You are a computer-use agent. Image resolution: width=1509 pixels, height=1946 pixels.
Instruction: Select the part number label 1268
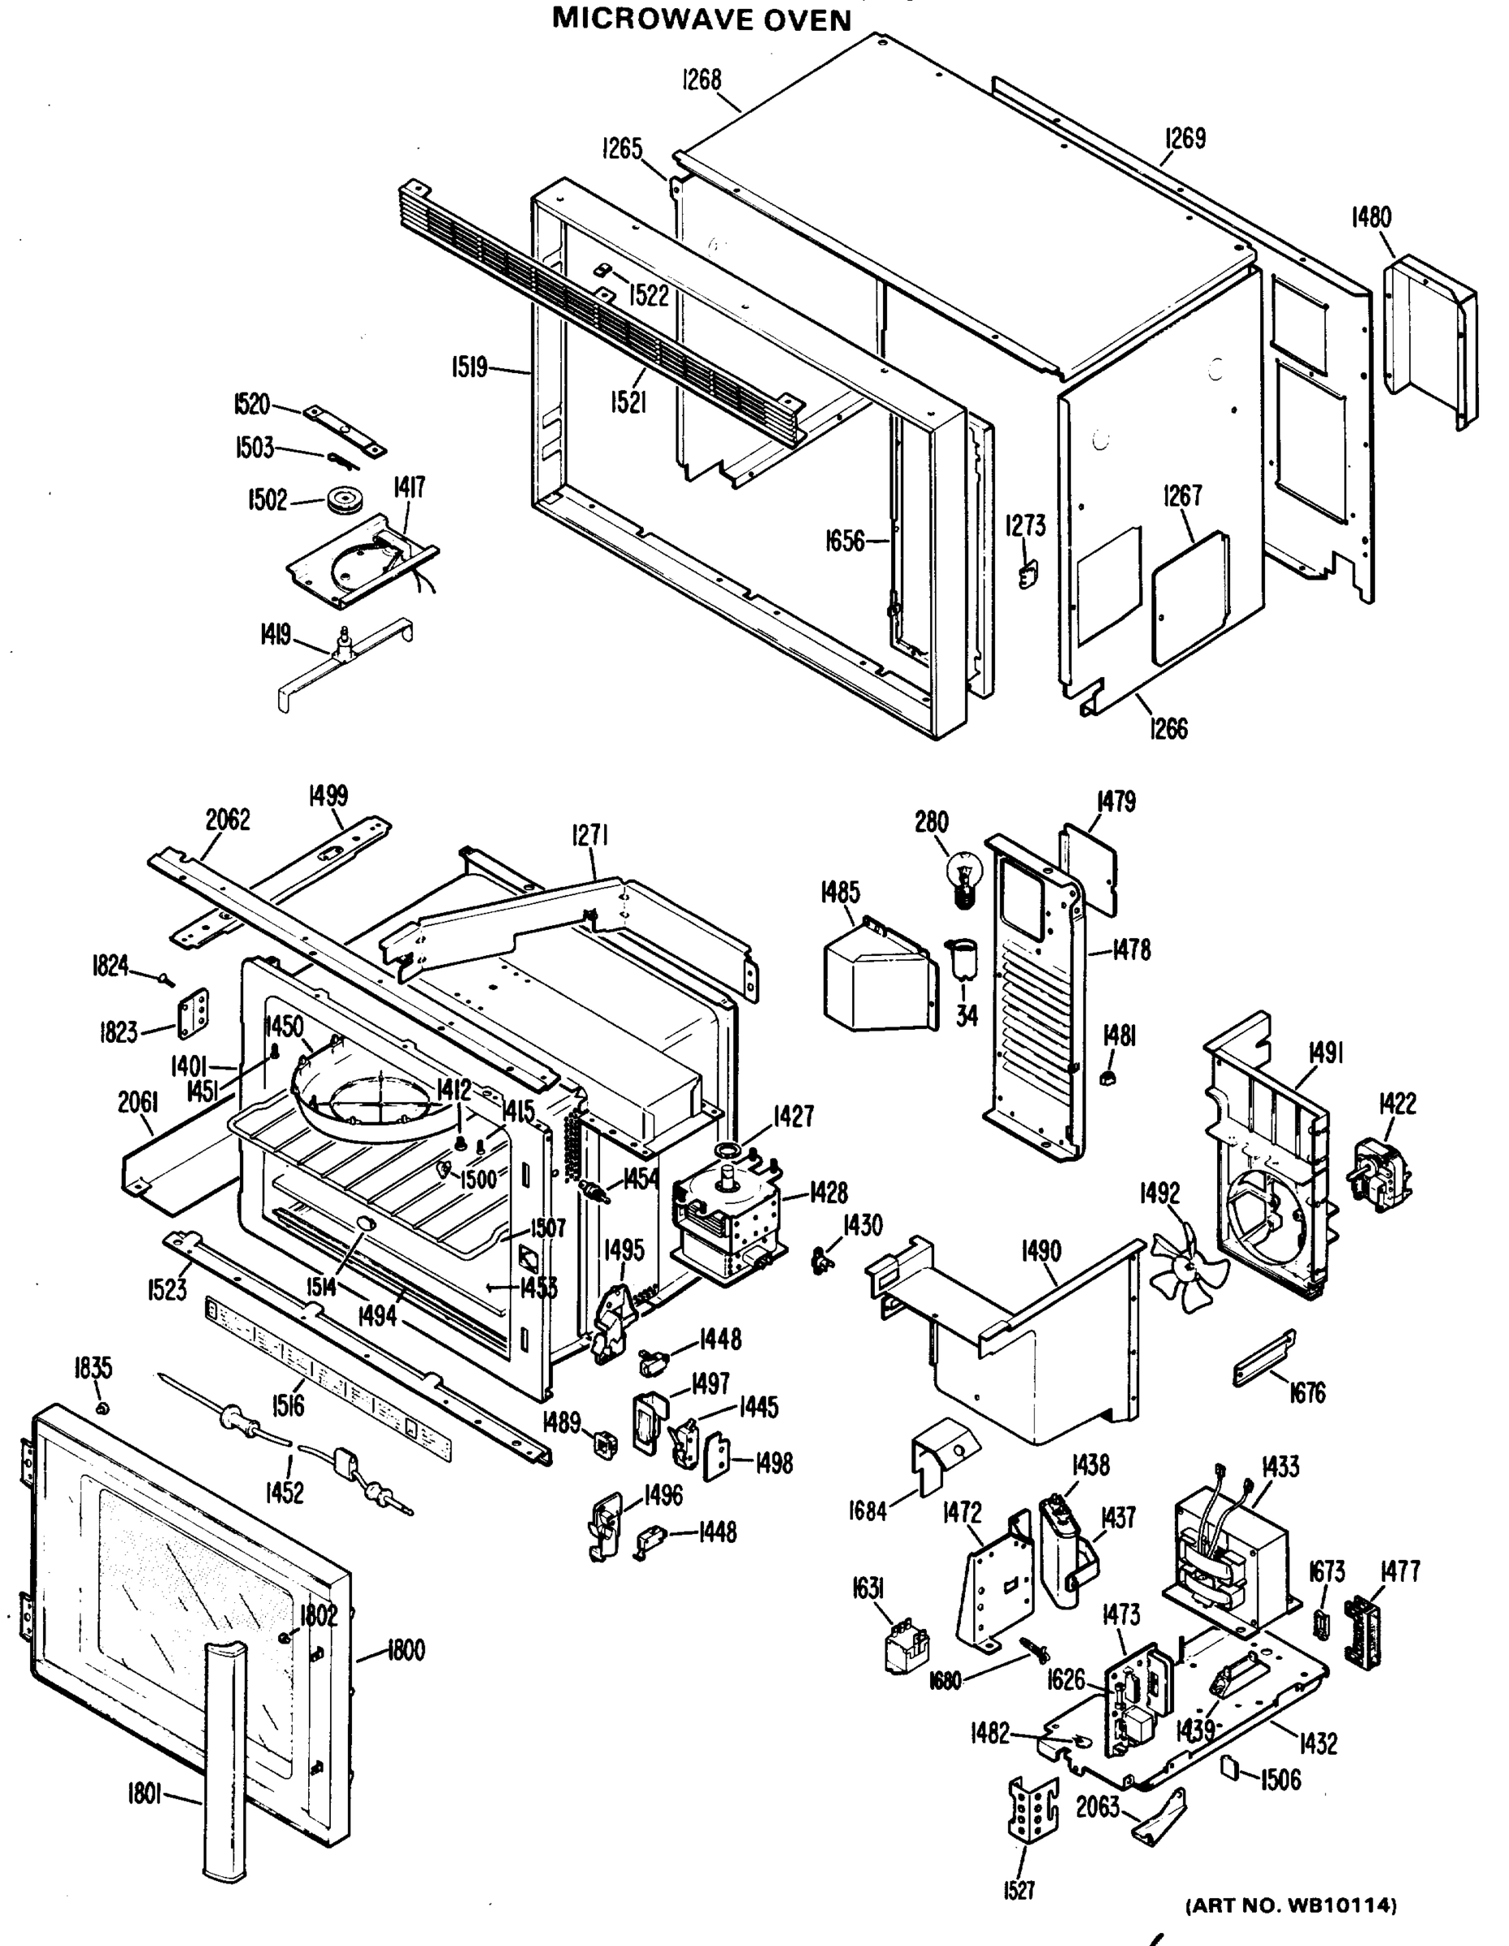tap(702, 79)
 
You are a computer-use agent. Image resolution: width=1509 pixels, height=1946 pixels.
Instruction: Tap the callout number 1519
tap(469, 366)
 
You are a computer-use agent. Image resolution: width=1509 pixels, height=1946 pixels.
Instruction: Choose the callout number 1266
tap(1168, 728)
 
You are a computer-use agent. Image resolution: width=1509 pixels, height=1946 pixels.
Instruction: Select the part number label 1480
tap(1371, 216)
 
